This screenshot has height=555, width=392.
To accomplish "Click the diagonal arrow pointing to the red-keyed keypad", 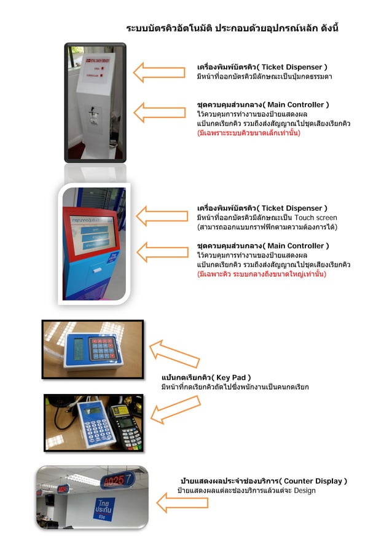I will pyautogui.click(x=174, y=354).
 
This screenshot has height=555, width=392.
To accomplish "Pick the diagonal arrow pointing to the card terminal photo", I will pyautogui.click(x=176, y=410).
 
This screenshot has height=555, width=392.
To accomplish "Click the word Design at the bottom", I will pyautogui.click(x=305, y=490).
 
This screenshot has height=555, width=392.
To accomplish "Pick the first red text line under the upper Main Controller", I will pyautogui.click(x=248, y=133).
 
